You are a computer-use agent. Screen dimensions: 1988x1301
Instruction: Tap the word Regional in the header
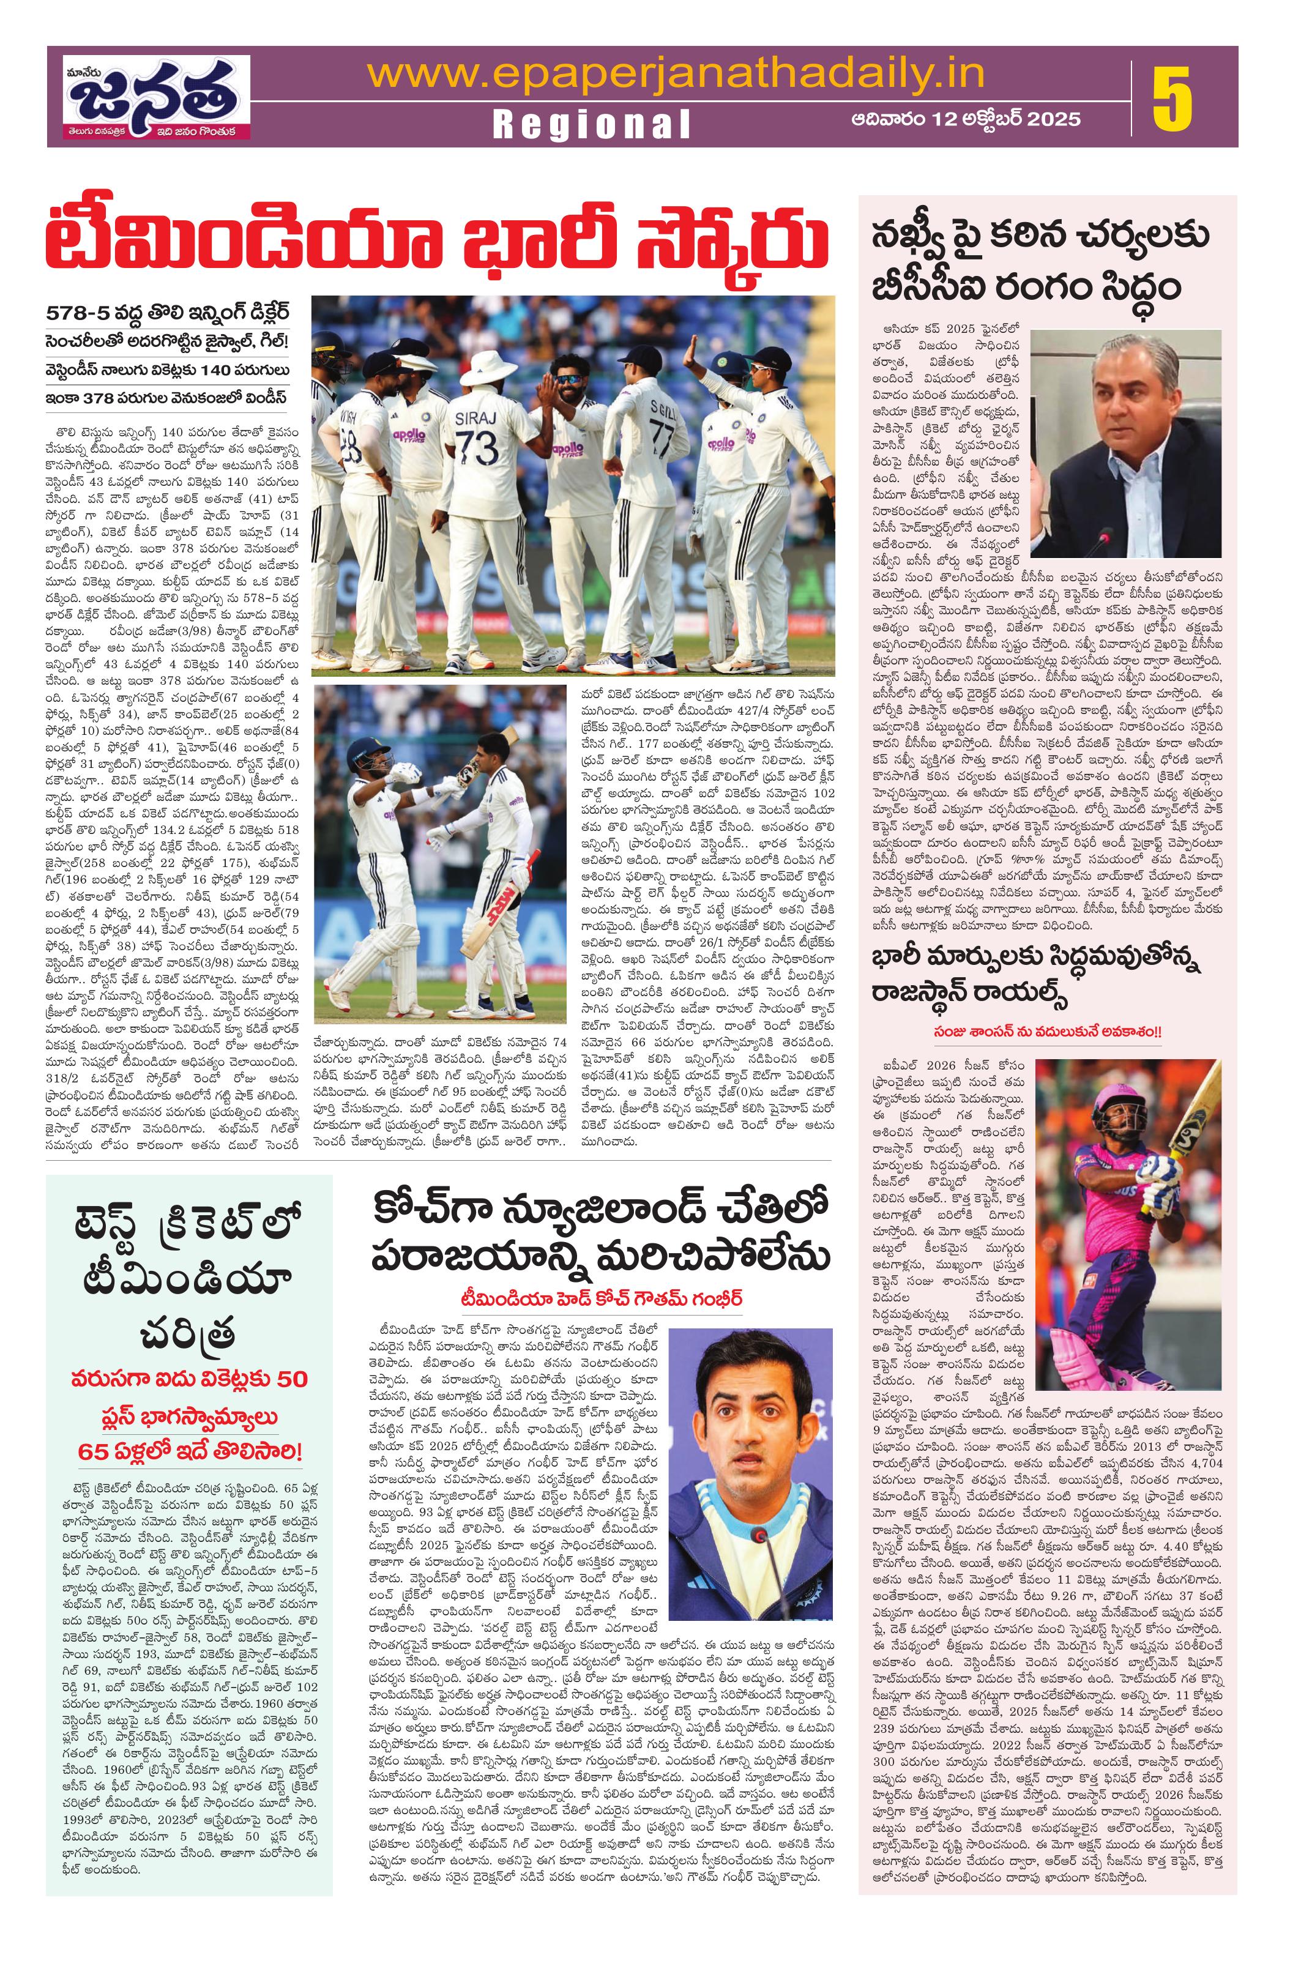pos(592,124)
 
